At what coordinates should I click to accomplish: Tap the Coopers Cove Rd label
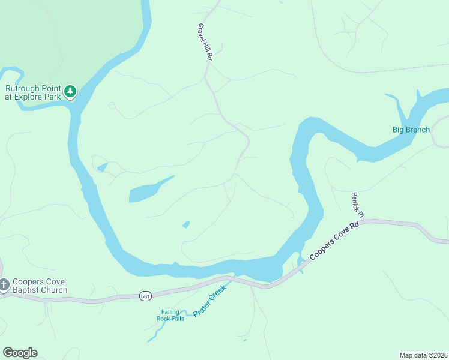point(334,241)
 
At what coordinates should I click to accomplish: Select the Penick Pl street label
point(358,205)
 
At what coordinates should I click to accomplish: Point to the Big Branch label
point(411,130)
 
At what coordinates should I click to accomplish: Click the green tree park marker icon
point(71,91)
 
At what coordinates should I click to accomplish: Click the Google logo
point(20,353)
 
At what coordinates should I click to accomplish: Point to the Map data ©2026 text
point(423,355)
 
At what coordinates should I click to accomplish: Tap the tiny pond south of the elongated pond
point(186,224)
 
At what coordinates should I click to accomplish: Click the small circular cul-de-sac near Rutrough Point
point(112,106)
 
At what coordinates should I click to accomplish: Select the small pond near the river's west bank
point(102,166)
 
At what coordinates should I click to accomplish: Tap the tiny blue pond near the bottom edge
point(245,340)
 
